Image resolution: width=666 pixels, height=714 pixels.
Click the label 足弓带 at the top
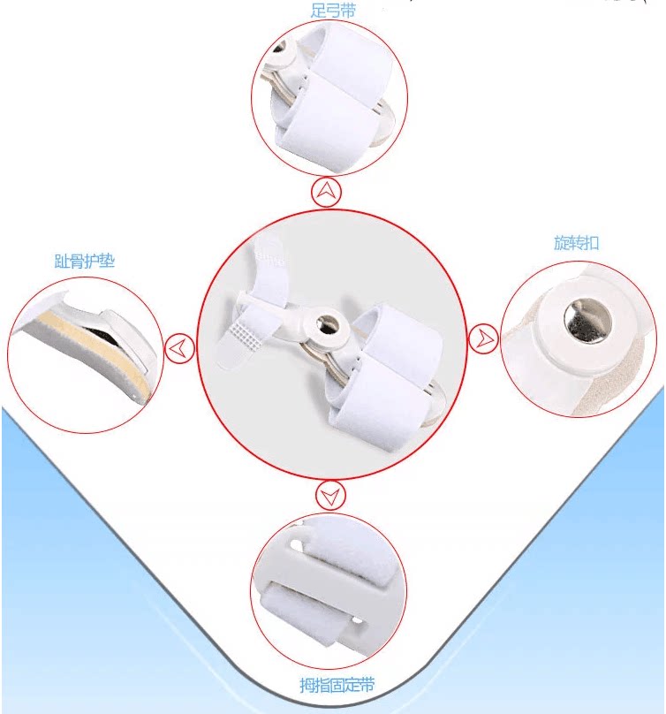(333, 11)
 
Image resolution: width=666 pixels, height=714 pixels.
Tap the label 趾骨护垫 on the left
(85, 262)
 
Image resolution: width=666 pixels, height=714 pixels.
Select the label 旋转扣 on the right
(576, 243)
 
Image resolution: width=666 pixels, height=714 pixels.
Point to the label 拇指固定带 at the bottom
(337, 685)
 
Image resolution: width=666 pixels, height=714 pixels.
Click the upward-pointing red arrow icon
(326, 192)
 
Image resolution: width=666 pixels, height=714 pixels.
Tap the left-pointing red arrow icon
(179, 348)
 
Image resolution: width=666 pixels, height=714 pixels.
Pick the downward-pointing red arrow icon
(330, 495)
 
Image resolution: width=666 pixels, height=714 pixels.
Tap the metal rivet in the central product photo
(327, 323)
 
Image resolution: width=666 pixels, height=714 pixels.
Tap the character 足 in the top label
(318, 11)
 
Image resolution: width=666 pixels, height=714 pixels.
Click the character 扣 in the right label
(591, 243)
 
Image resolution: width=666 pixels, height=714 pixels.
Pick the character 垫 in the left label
(108, 262)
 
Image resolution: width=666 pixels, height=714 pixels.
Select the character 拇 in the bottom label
(307, 685)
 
